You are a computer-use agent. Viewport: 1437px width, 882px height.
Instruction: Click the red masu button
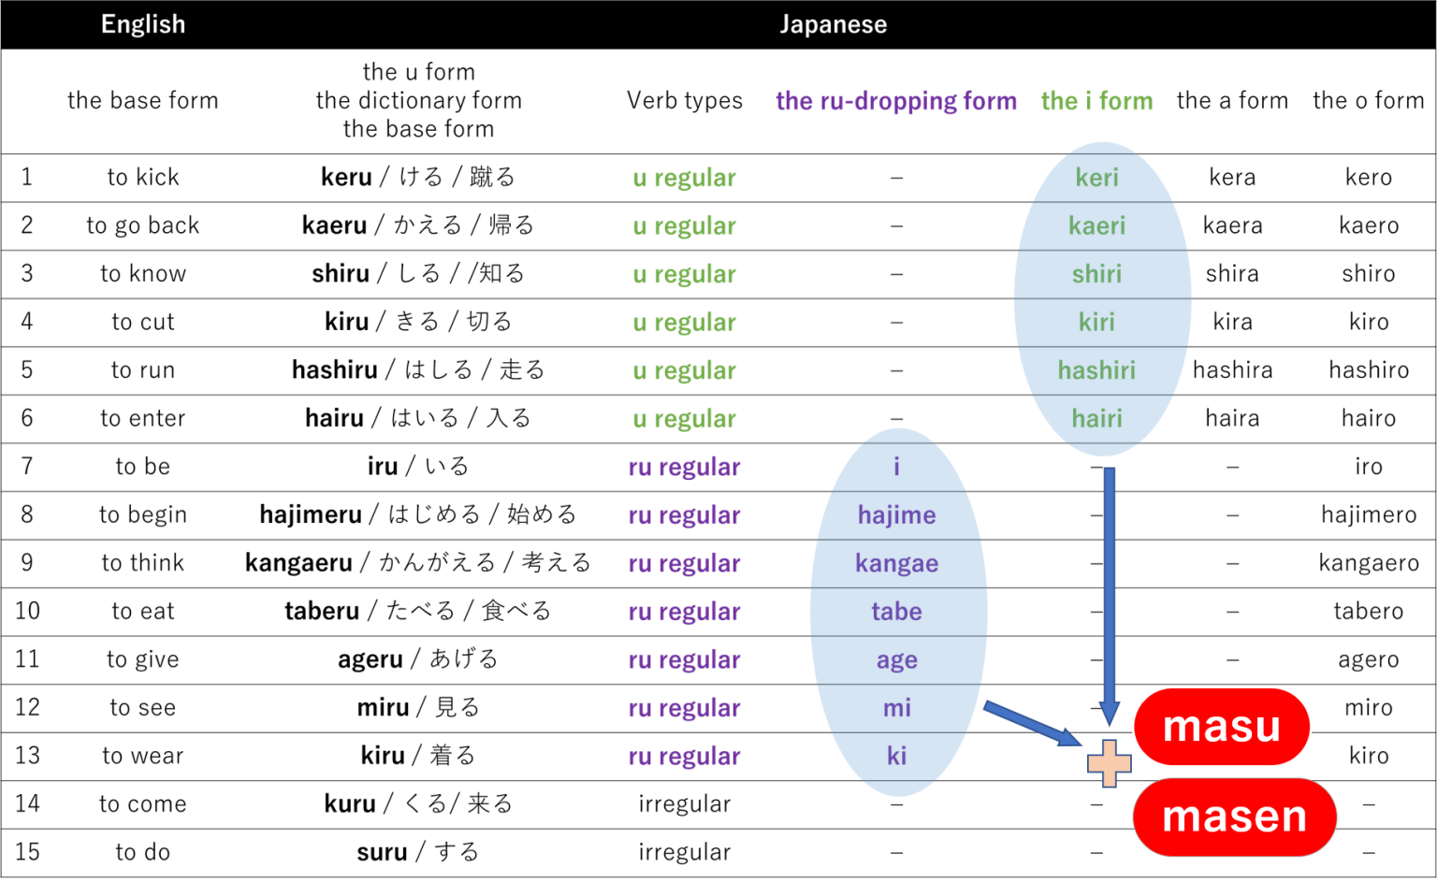[x=1222, y=727]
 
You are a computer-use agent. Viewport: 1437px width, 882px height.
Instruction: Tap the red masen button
[x=1234, y=817]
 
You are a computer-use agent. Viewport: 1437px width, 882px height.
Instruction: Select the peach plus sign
[x=1110, y=763]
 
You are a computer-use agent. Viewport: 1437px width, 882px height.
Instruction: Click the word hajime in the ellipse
[x=896, y=515]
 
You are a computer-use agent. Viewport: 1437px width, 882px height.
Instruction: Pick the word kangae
[x=896, y=563]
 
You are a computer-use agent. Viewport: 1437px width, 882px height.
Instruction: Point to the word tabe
[x=896, y=612]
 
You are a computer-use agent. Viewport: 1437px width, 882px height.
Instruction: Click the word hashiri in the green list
[x=1096, y=370]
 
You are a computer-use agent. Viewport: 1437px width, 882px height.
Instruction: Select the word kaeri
[x=1096, y=225]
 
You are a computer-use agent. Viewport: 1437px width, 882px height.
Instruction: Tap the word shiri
[x=1096, y=274]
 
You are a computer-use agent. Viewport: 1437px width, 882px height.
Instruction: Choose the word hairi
[x=1096, y=418]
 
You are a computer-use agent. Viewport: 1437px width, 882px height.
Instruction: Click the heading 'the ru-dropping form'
[x=895, y=101]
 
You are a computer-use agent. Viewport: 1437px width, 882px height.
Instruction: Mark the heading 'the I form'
[x=1096, y=101]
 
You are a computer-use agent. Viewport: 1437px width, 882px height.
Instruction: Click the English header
[x=143, y=24]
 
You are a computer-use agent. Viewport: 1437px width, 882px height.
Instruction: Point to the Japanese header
[x=833, y=24]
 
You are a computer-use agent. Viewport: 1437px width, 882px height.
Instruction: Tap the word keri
[x=1096, y=177]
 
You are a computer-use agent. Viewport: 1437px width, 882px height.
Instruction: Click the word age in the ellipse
[x=896, y=660]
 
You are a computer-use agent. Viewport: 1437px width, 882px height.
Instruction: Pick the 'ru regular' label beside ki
[x=684, y=757]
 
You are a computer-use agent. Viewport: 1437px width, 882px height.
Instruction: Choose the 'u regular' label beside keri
[x=684, y=178]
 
